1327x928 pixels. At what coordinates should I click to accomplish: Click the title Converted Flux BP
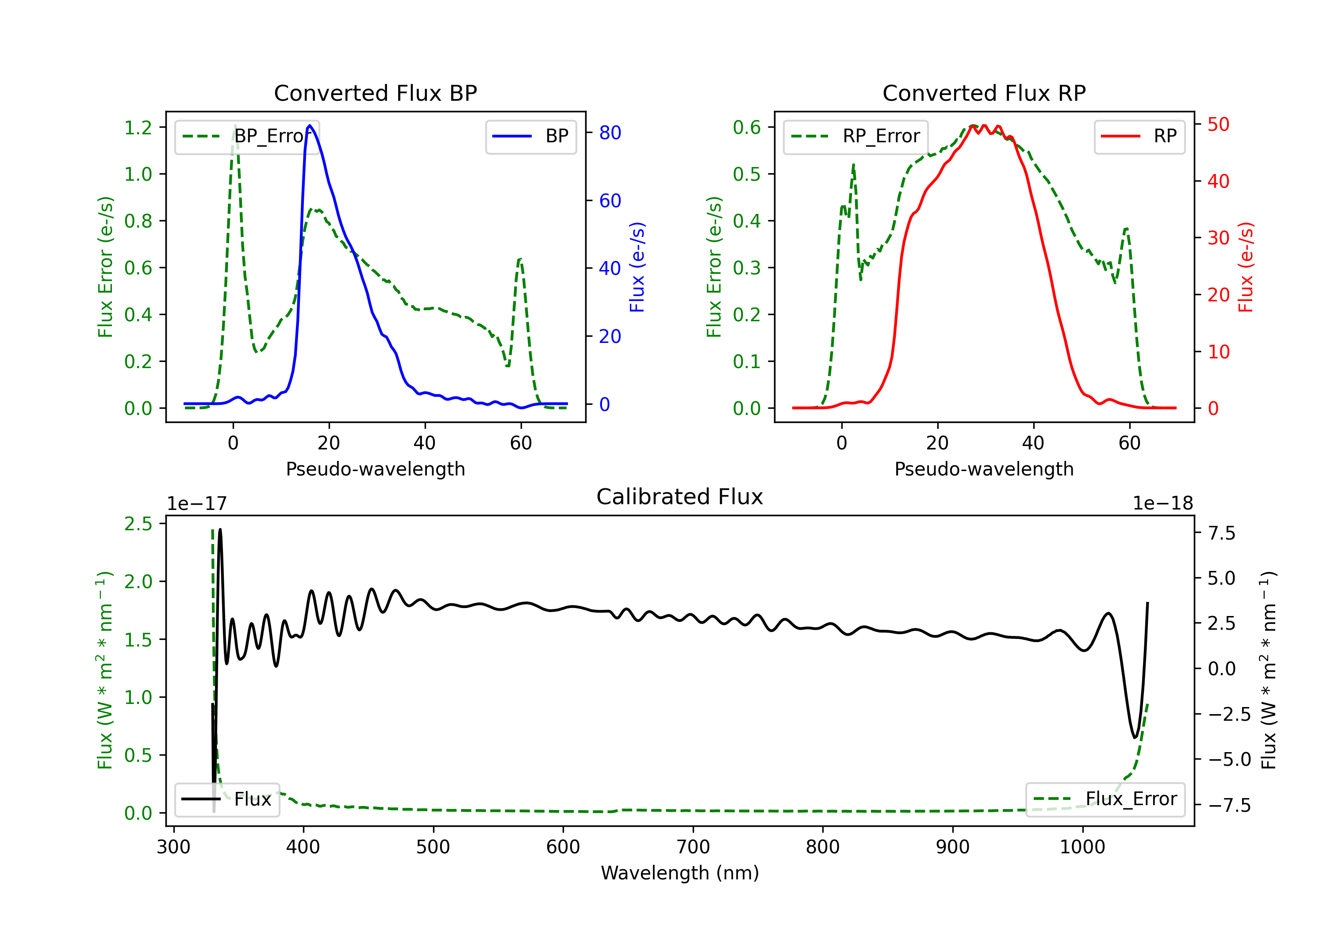[x=375, y=93]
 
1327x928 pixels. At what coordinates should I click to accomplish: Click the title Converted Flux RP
[x=984, y=93]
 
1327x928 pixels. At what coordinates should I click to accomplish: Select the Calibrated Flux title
[x=680, y=497]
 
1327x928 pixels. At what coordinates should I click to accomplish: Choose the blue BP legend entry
[x=530, y=136]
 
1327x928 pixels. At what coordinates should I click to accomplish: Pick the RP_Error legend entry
[x=855, y=136]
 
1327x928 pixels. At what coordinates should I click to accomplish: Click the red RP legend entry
[x=1139, y=136]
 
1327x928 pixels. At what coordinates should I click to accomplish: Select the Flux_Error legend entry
[x=1105, y=799]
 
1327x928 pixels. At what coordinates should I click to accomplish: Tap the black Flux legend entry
[x=226, y=799]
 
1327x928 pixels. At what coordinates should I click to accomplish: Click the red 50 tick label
[x=1218, y=124]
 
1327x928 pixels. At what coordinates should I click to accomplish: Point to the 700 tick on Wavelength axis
[x=693, y=847]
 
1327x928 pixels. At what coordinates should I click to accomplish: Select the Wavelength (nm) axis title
[x=680, y=873]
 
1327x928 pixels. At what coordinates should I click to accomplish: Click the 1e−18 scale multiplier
[x=1162, y=504]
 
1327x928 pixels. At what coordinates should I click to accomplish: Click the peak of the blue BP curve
[x=310, y=126]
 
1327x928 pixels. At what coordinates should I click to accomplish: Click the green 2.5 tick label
[x=138, y=524]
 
